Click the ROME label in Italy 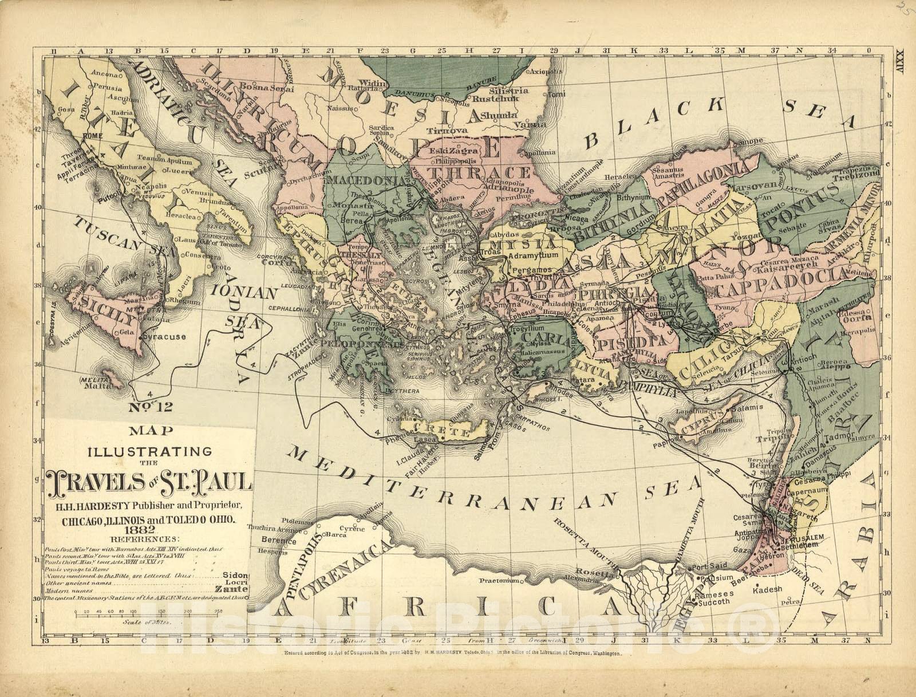(x=92, y=136)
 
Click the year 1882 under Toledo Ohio (x=143, y=530)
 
